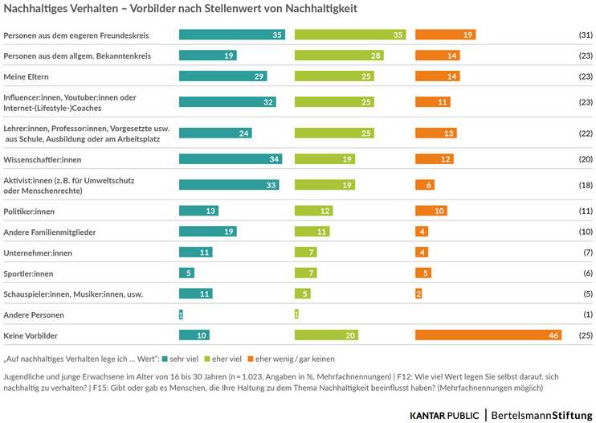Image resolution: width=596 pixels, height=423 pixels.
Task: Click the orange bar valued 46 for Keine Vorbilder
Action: [488, 335]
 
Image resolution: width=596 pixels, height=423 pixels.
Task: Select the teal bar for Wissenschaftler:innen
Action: [231, 159]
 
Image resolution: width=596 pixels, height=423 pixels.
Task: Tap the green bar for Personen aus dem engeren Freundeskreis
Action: [350, 35]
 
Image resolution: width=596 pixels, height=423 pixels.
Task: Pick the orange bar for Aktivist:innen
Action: [425, 185]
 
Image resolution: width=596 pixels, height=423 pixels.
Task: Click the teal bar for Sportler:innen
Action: [186, 273]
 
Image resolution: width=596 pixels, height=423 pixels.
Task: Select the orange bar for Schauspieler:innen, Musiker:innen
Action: [419, 294]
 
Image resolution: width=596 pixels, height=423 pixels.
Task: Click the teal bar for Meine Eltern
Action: [222, 76]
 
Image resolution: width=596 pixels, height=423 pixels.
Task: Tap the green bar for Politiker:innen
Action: [313, 211]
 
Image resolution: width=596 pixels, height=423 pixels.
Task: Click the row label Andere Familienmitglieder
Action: [50, 232]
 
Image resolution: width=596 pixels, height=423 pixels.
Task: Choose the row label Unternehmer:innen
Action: [38, 253]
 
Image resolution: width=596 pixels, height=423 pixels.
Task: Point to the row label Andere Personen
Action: [34, 314]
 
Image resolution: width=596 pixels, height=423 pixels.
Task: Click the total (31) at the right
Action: [585, 35]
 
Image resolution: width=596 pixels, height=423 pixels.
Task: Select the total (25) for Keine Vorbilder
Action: [585, 335]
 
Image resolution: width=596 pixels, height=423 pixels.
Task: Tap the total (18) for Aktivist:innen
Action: [585, 185]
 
